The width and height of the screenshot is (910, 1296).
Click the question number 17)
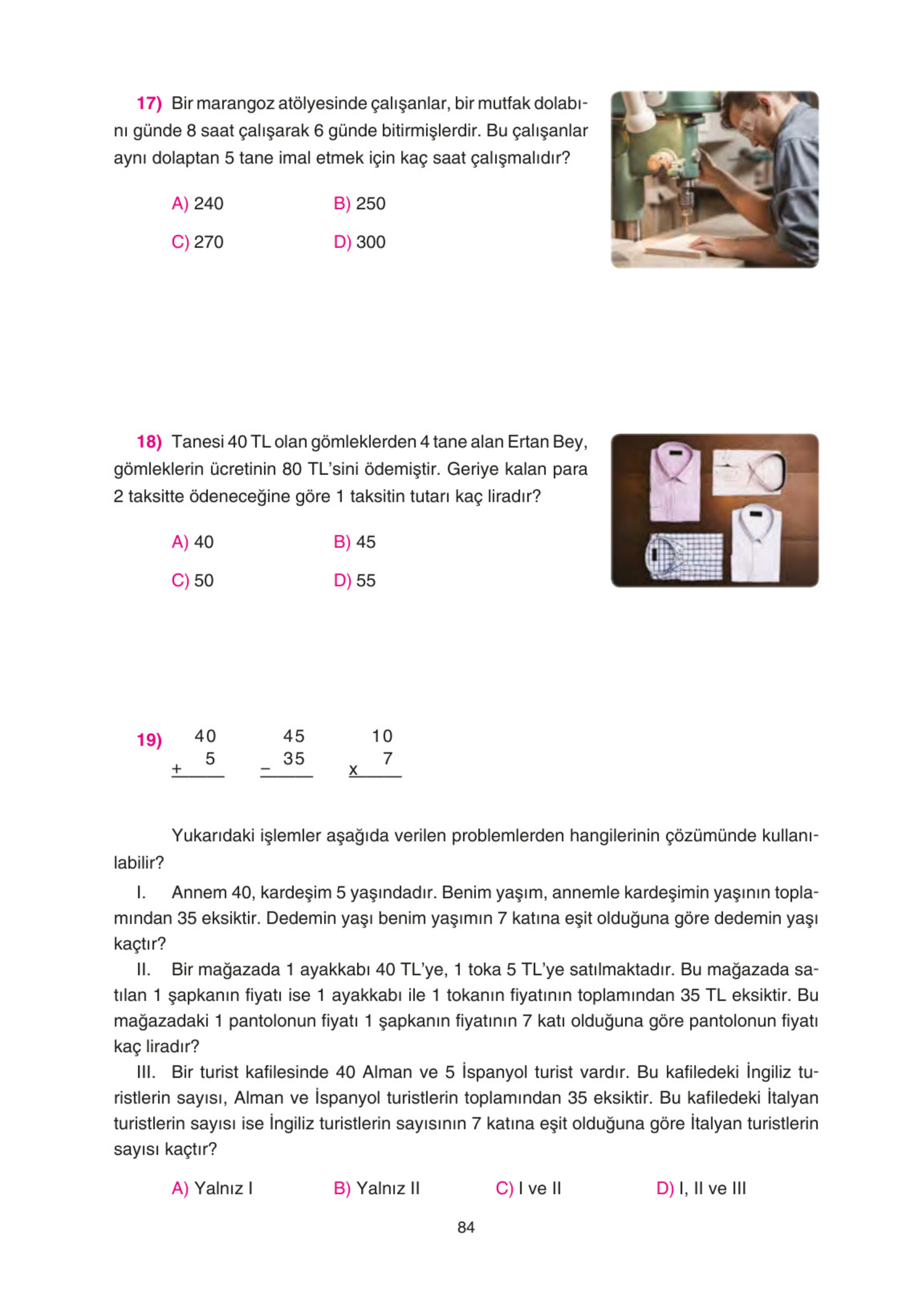coord(149,104)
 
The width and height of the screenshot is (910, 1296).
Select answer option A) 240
coord(197,203)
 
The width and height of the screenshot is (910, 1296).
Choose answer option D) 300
coord(360,242)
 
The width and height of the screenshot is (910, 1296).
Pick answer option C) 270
coord(197,242)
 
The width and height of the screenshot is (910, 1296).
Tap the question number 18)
coord(149,442)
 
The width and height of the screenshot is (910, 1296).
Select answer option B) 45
coord(354,542)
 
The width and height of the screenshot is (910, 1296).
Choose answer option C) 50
coord(193,580)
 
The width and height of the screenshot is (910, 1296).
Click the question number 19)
coord(149,740)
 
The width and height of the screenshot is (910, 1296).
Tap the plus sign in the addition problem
coord(177,769)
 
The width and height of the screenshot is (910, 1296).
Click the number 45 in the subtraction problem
coord(294,736)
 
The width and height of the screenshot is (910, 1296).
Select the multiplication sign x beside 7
coord(353,769)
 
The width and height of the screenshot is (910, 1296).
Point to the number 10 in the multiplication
coord(382,736)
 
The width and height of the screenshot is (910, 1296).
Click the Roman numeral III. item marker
coord(146,1072)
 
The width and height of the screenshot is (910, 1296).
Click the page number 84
coord(466,1227)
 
